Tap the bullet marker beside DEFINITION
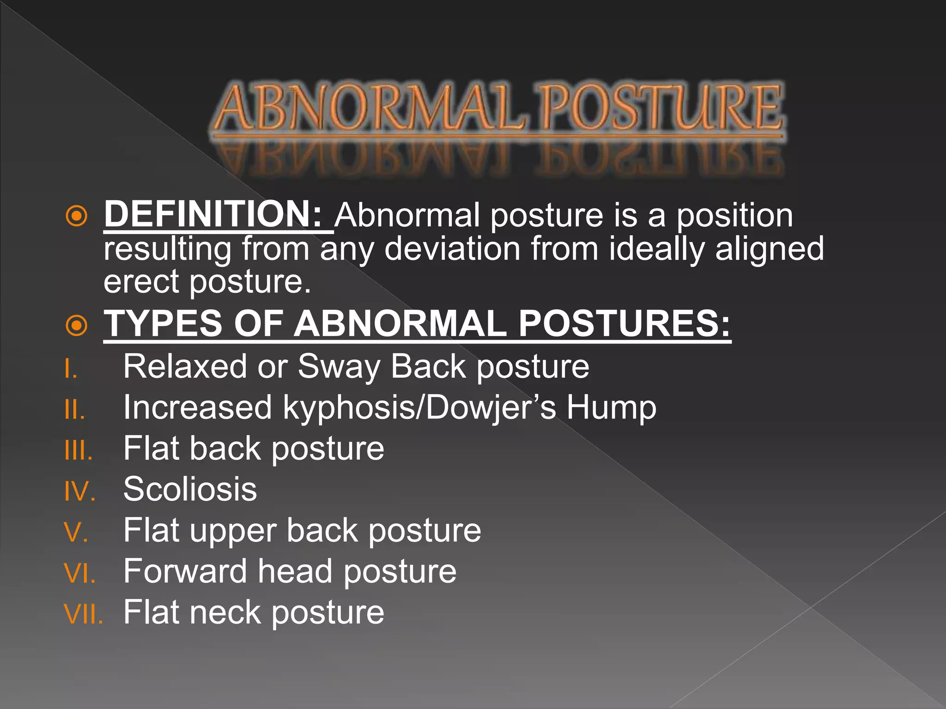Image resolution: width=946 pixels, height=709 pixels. (76, 216)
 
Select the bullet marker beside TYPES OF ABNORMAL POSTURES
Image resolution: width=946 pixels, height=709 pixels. (76, 325)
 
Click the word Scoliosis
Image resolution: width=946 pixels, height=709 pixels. (190, 489)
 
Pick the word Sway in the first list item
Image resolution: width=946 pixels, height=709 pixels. (339, 367)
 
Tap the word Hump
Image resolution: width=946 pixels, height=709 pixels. (611, 408)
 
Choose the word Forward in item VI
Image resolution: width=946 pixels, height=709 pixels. (185, 571)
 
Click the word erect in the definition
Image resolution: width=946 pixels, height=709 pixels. (140, 282)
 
